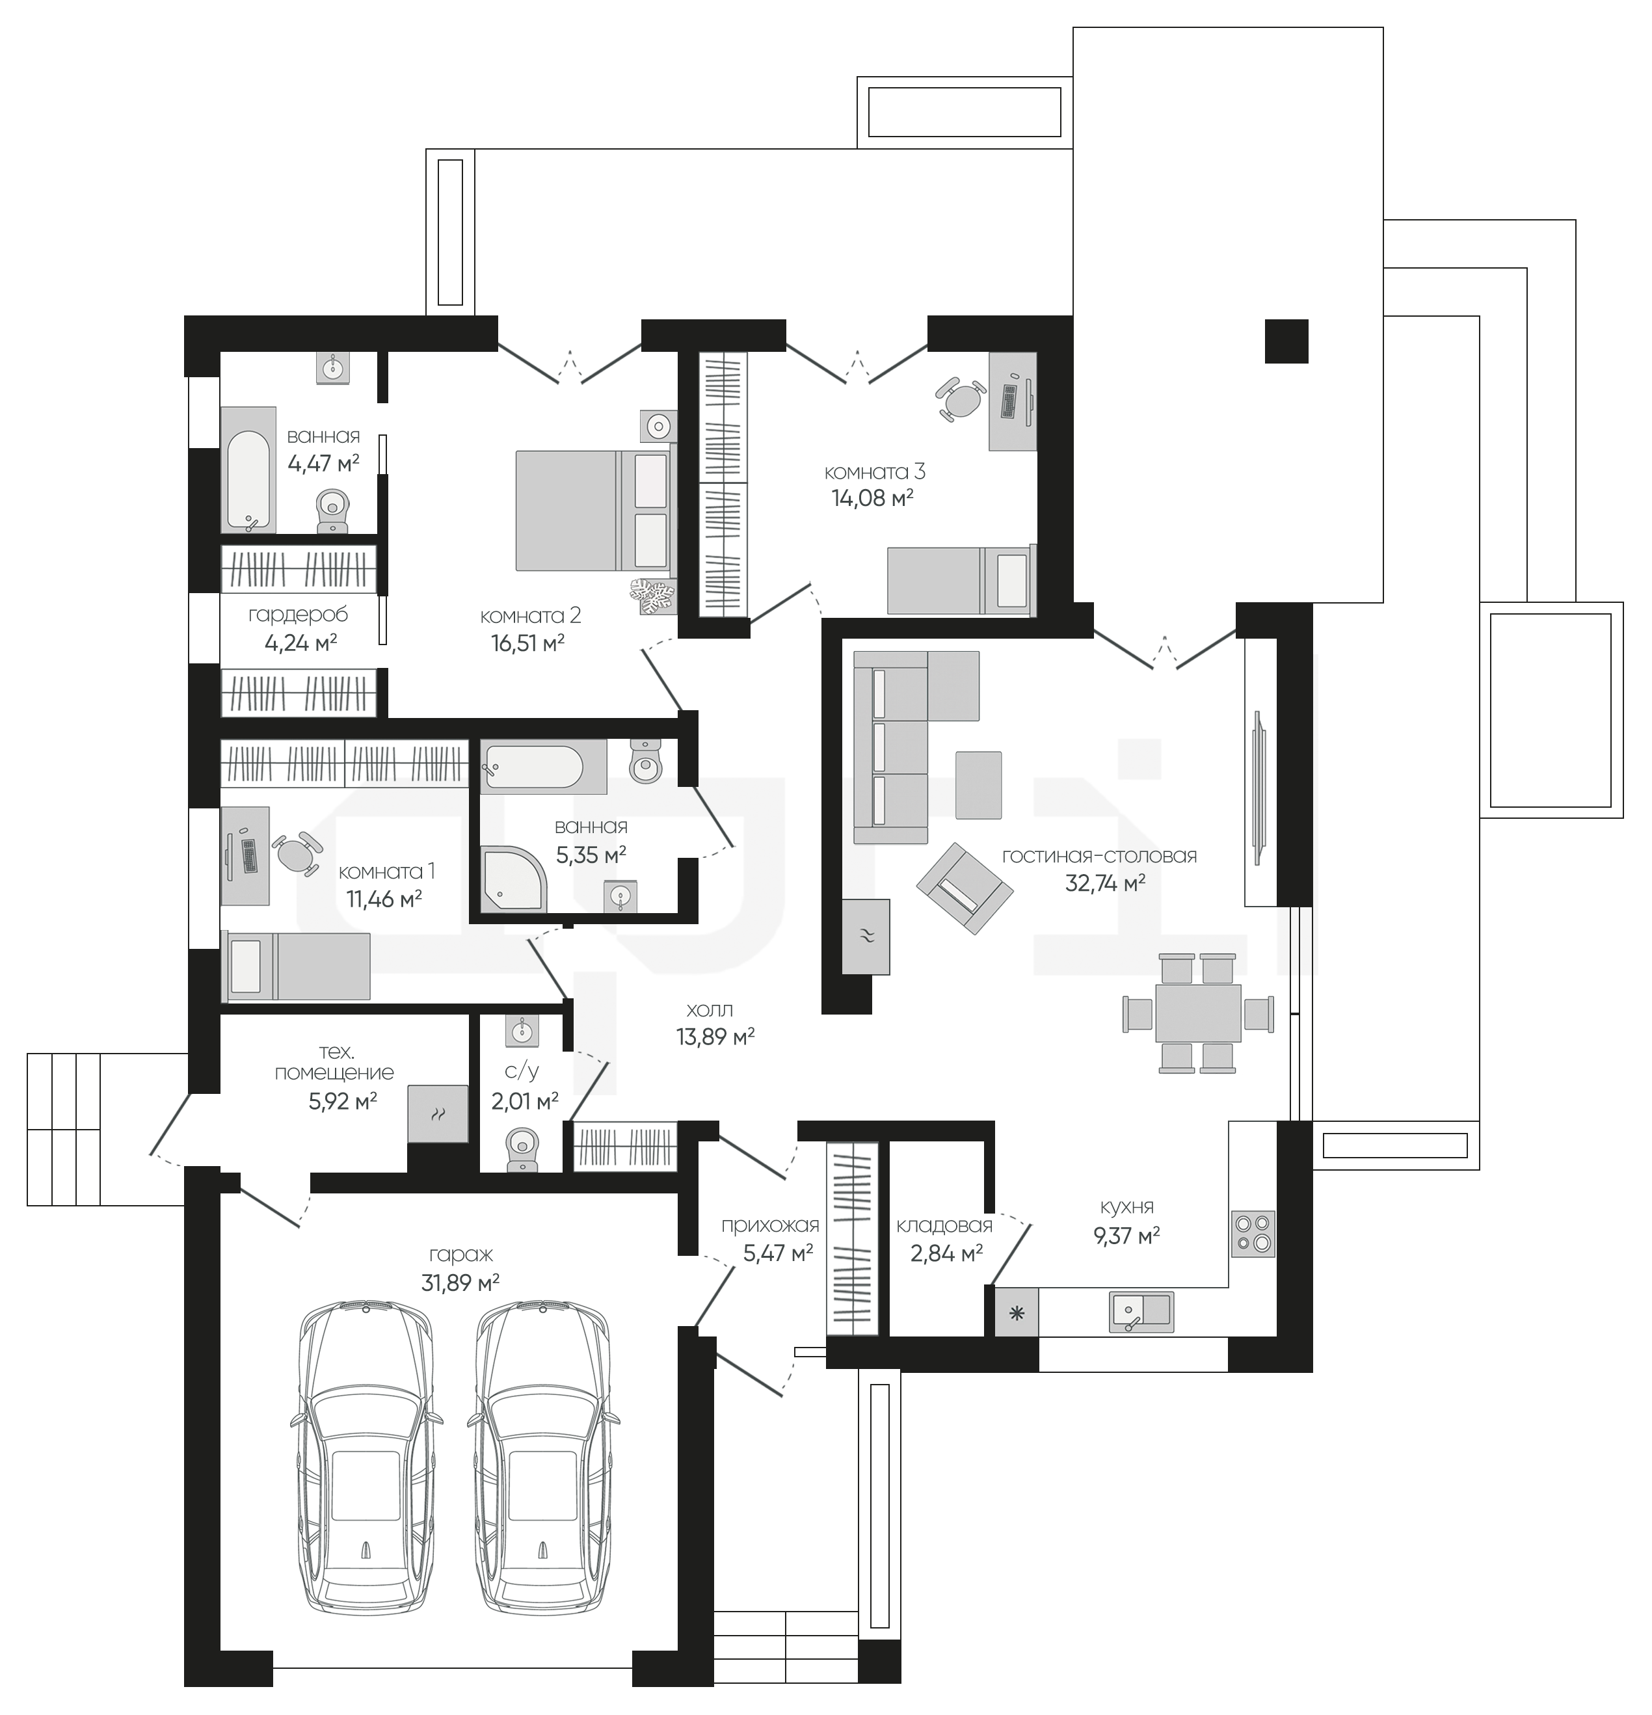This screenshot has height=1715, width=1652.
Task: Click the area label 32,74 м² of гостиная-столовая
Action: tap(1104, 884)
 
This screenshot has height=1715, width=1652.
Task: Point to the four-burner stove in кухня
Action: tap(1253, 1234)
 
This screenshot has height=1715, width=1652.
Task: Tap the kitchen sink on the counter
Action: tap(1141, 1310)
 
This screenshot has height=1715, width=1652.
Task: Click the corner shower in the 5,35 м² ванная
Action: tap(514, 877)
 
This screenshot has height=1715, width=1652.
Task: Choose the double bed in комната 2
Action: tap(596, 510)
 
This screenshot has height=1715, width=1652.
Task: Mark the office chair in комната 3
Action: tap(961, 398)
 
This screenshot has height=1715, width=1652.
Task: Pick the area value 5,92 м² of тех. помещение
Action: tap(342, 1101)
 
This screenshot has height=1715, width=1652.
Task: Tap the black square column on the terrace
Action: tap(1286, 340)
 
